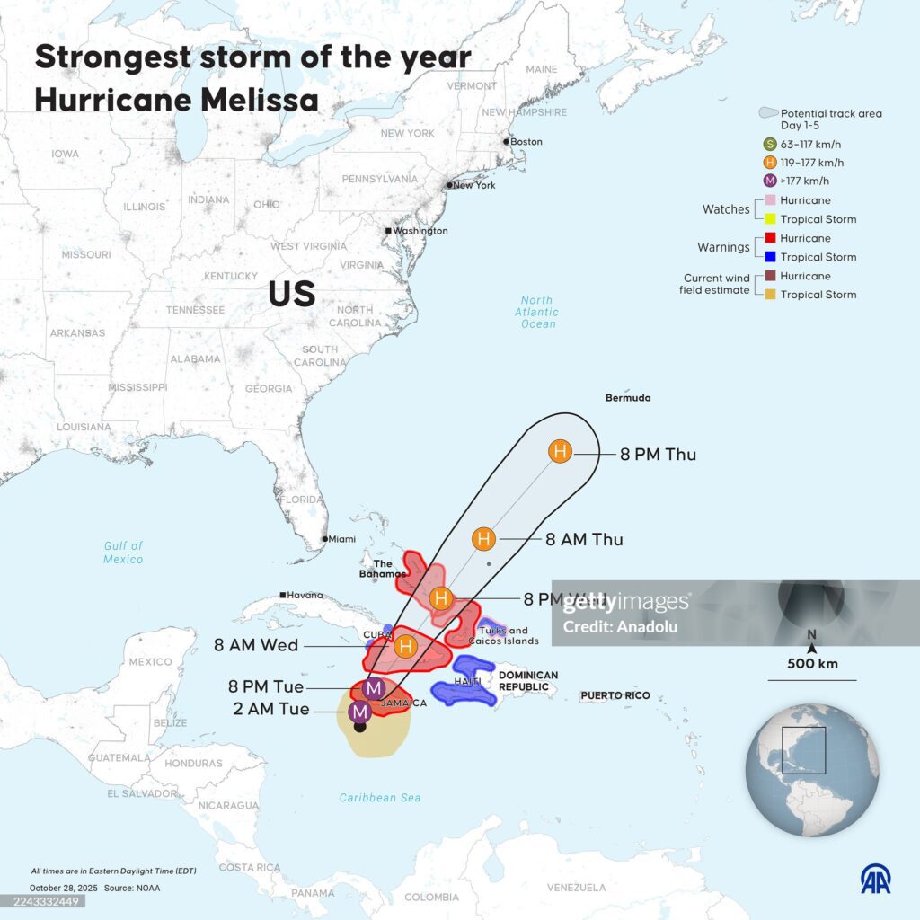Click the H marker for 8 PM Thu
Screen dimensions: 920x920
click(x=560, y=452)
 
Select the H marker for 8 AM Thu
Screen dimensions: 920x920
click(x=483, y=539)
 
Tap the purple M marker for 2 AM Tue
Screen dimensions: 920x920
click(x=360, y=712)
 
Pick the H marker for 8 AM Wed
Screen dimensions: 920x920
click(x=406, y=645)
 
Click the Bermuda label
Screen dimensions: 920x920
click(x=628, y=397)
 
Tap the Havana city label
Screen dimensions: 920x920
click(x=305, y=595)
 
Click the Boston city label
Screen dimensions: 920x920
click(x=526, y=142)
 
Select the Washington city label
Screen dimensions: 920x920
click(x=420, y=231)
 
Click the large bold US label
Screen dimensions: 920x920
click(x=292, y=294)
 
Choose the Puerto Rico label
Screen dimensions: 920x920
click(x=615, y=695)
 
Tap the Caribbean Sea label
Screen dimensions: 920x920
click(x=380, y=798)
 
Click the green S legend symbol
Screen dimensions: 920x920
click(x=769, y=144)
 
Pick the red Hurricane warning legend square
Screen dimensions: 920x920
click(x=770, y=238)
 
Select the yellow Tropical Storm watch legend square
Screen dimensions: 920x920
click(x=770, y=219)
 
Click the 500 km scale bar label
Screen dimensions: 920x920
click(x=811, y=664)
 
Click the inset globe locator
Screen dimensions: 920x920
click(x=812, y=770)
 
